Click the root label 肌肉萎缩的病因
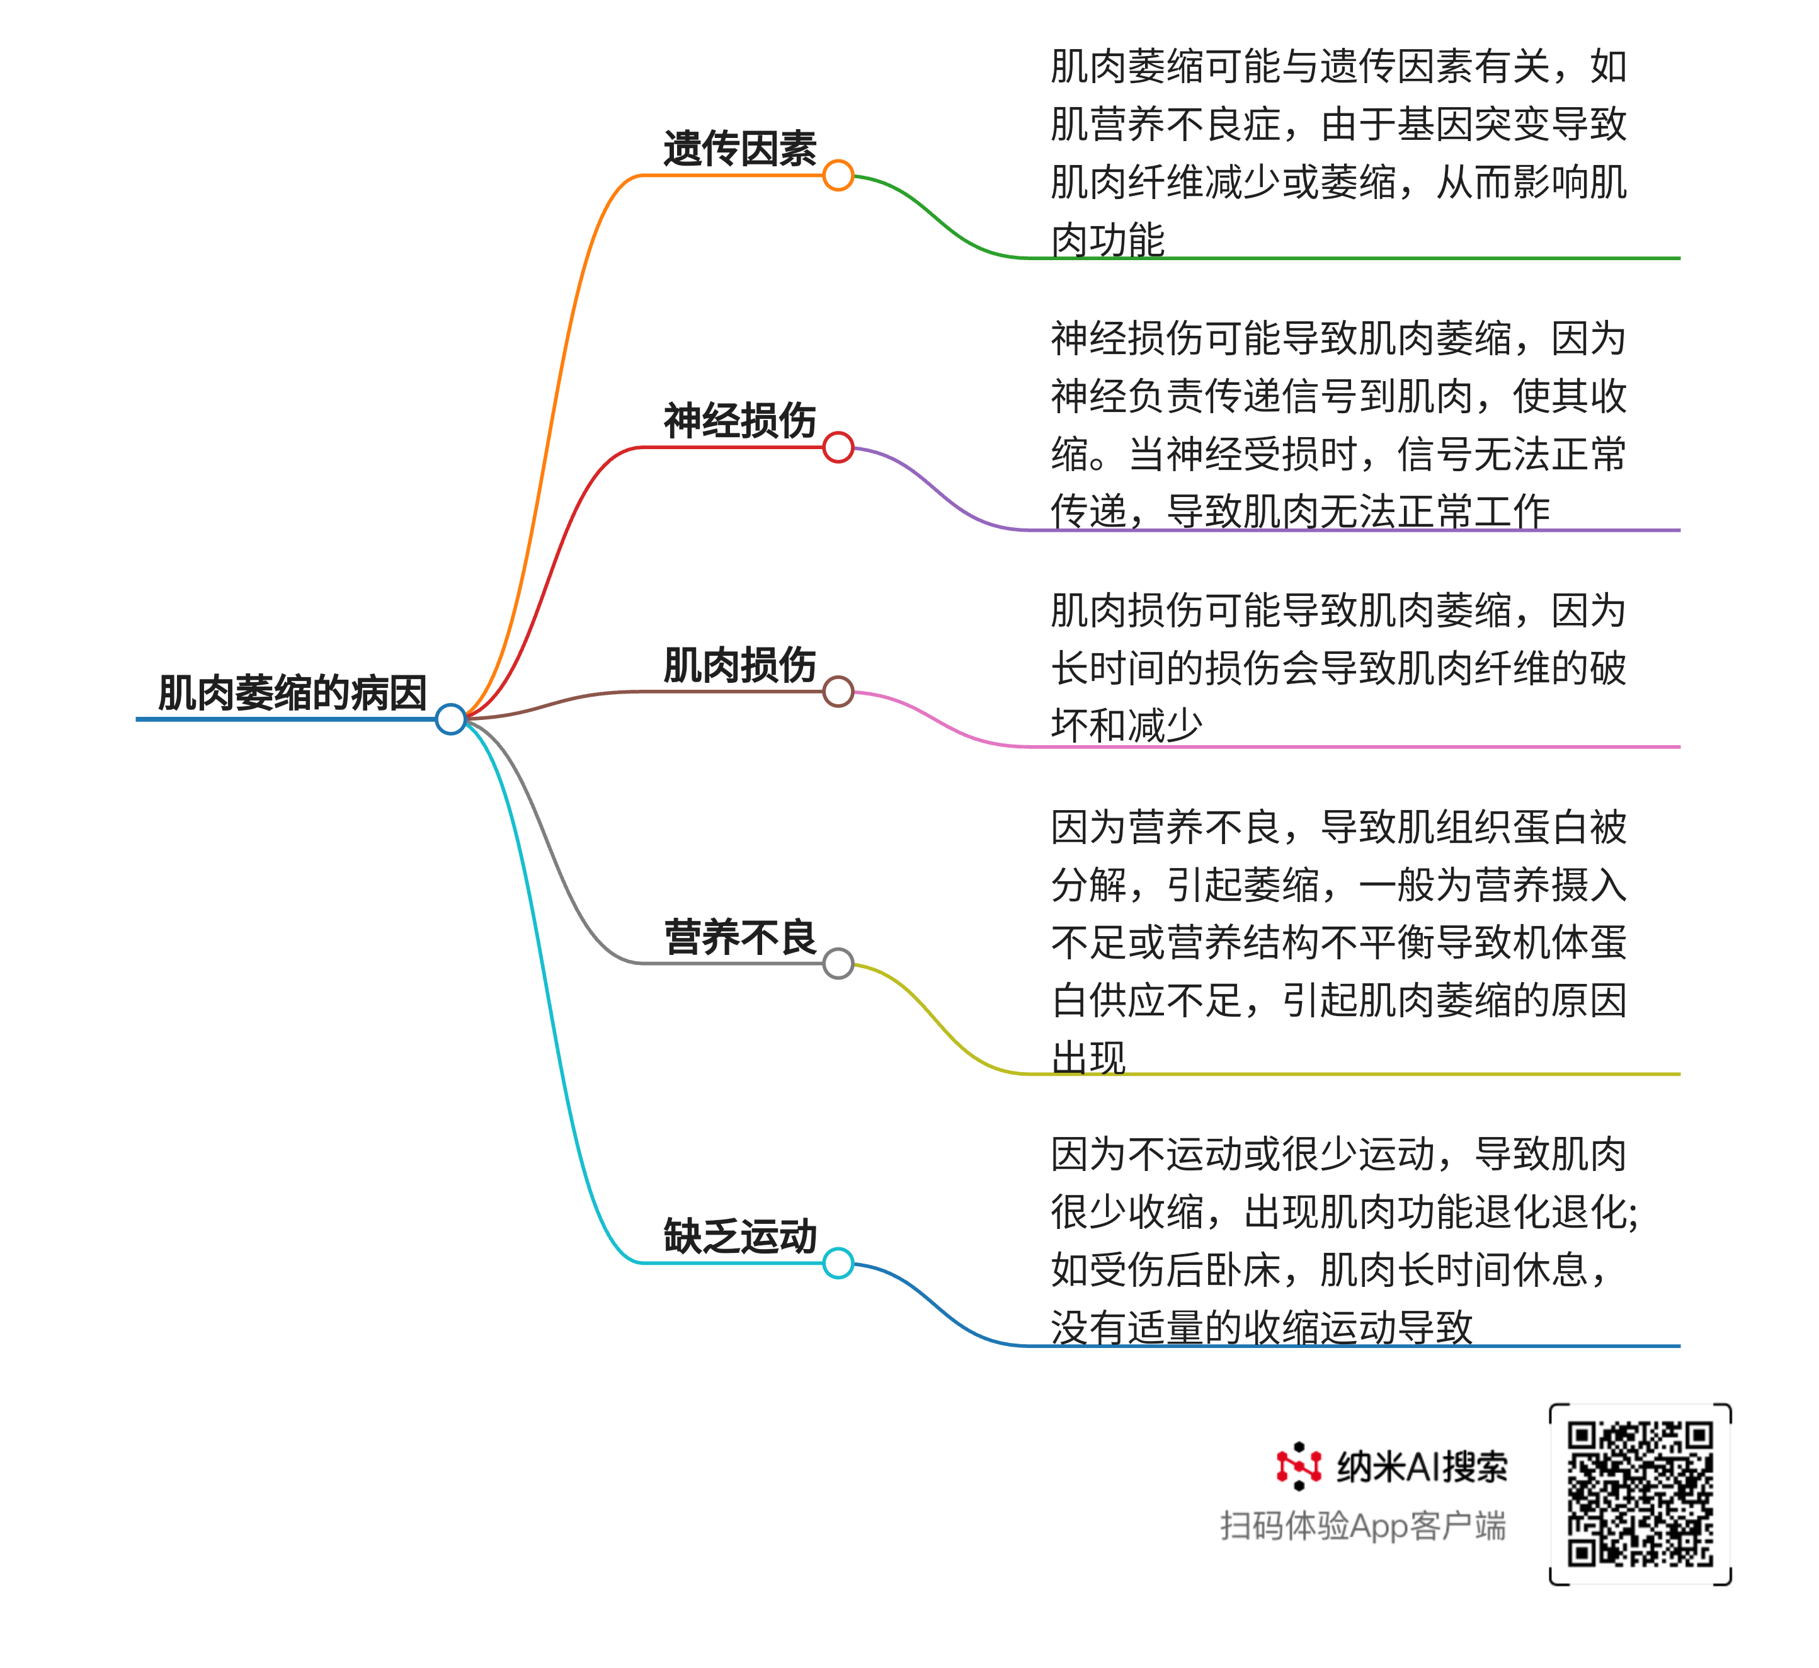292,693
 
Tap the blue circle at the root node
450,719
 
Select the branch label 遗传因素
740,149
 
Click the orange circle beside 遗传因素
838,175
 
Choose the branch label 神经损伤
740,421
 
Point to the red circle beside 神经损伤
838,447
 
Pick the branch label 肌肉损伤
740,665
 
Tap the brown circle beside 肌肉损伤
838,692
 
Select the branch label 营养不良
740,937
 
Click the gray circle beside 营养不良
838,963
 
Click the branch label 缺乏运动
740,1237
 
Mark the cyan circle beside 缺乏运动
838,1263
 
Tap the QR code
1640,1494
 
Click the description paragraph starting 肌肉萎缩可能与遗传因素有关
1339,154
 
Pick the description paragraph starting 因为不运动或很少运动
1344,1241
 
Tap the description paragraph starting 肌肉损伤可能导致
1339,668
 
